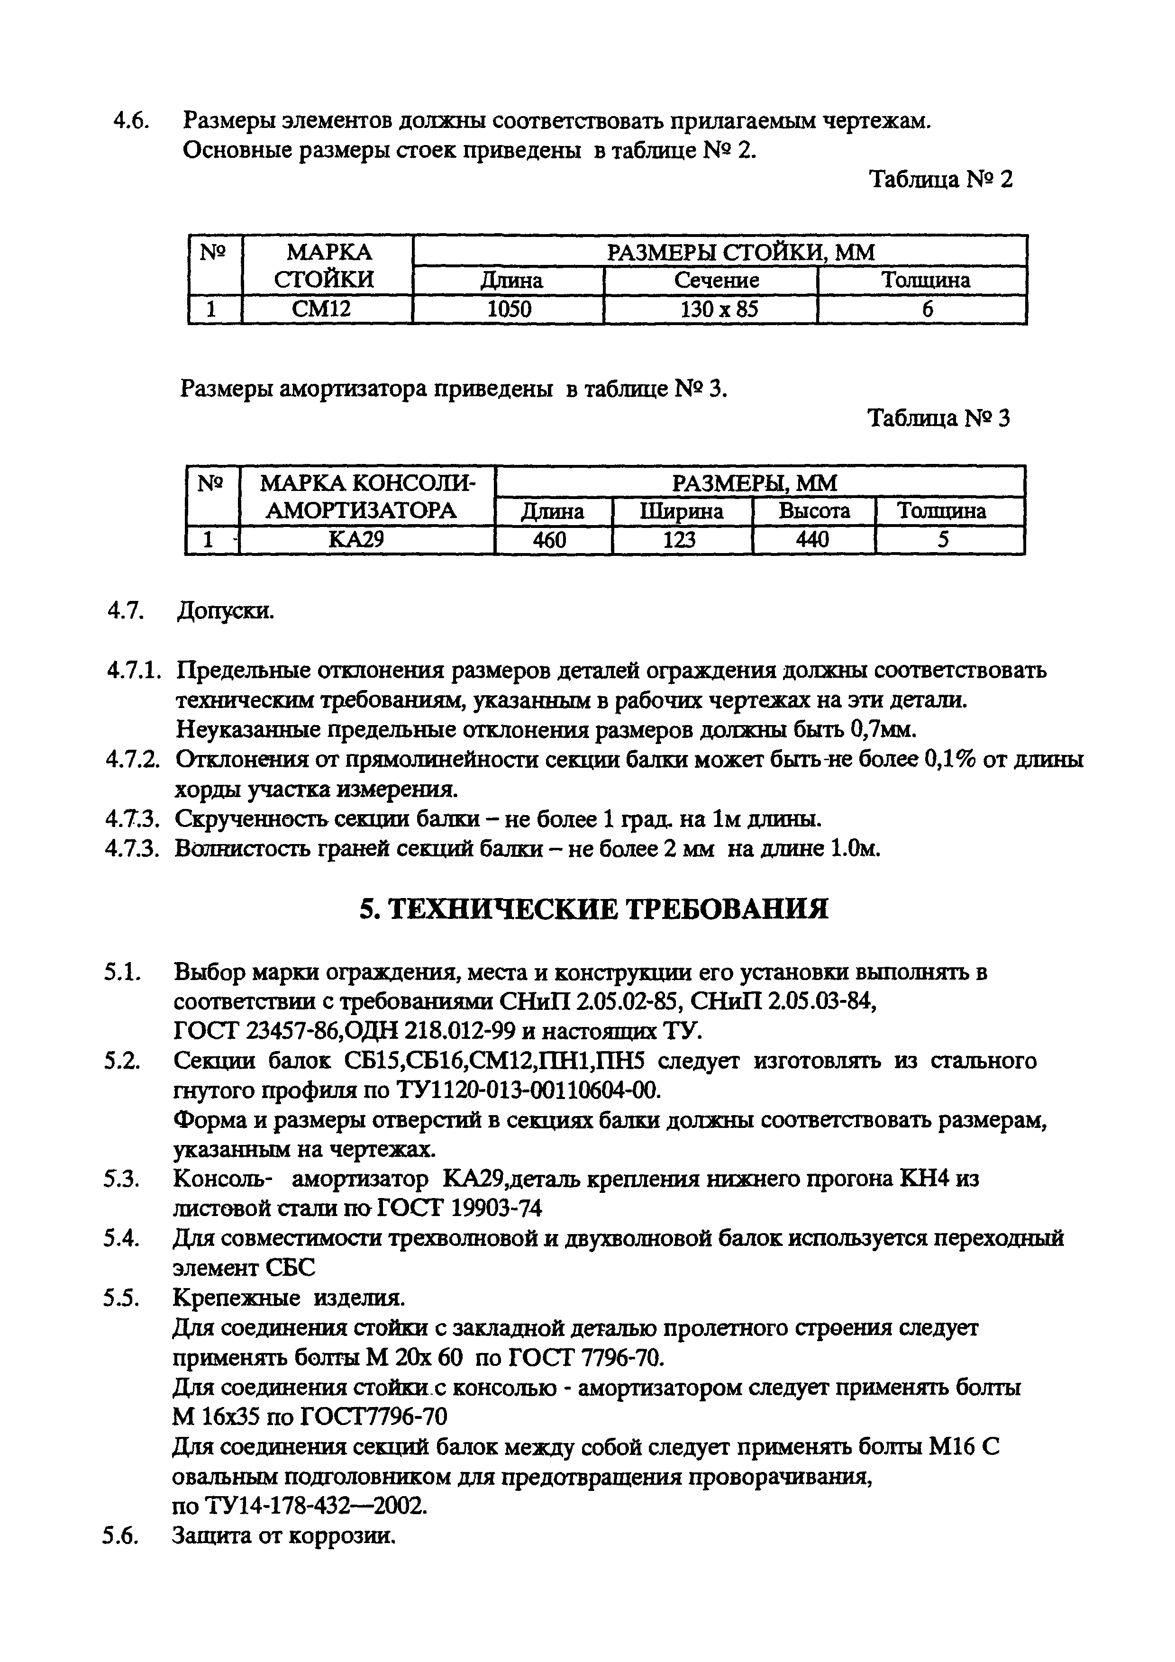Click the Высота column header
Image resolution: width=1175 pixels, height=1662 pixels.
(814, 511)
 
